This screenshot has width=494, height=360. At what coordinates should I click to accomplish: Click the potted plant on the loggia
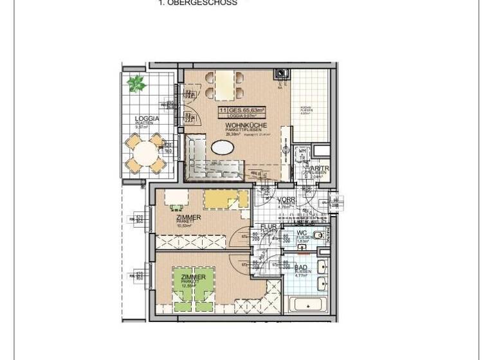136,83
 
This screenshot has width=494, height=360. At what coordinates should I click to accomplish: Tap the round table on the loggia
146,154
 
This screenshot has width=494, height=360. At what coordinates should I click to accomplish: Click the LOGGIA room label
146,118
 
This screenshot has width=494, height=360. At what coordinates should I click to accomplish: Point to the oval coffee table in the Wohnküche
223,147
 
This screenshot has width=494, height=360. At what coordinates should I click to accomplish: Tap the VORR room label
286,200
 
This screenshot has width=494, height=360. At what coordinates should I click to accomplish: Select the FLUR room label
268,227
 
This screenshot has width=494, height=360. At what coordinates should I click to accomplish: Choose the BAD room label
301,267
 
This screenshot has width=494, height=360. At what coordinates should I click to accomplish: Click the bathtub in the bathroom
307,305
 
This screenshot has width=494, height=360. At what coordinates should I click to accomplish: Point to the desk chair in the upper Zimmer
176,207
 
